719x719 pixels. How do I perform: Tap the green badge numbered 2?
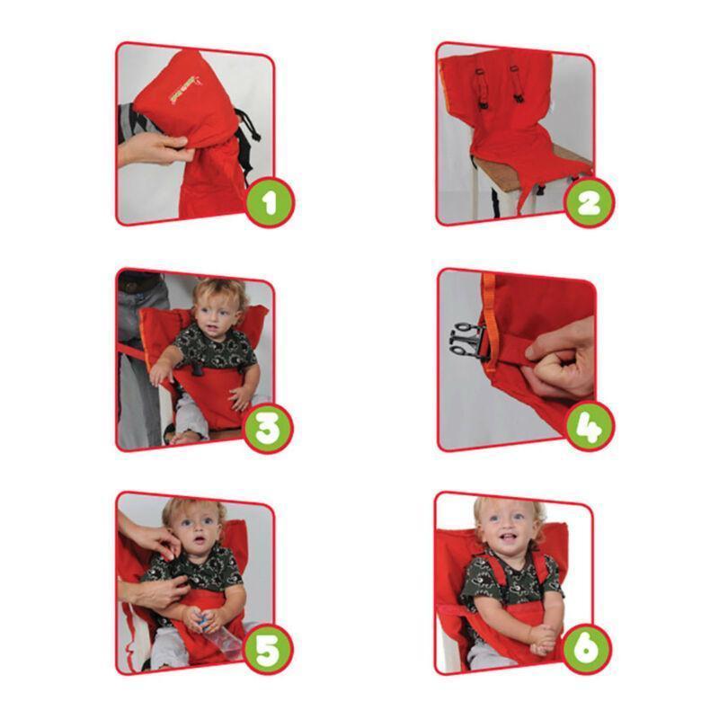(x=588, y=200)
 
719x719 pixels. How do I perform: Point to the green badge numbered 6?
(x=588, y=650)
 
